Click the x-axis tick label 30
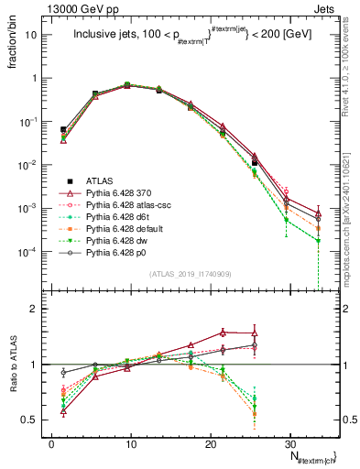coord(289,442)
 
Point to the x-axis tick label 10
coord(130,442)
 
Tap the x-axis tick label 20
coord(210,442)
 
